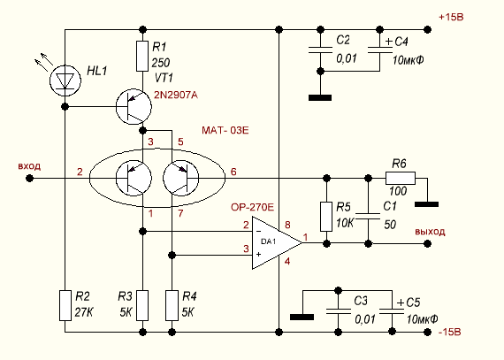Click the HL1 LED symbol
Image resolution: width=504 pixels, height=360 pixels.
click(65, 80)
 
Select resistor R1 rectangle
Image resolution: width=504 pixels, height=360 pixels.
click(142, 56)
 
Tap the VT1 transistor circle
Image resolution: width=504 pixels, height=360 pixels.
click(134, 107)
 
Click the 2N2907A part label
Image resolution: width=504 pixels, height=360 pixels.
click(176, 96)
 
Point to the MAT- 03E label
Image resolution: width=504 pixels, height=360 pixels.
click(225, 131)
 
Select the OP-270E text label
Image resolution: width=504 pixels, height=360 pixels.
click(252, 207)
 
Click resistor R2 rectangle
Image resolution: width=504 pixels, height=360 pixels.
click(65, 305)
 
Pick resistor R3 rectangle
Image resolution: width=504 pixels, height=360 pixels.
click(142, 305)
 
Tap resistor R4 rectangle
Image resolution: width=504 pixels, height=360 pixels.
click(172, 305)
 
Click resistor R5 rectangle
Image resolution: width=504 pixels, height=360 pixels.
click(326, 217)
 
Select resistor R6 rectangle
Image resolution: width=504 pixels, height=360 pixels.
click(401, 178)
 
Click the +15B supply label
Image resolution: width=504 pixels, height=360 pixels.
click(451, 17)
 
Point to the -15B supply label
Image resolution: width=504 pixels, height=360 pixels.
click(450, 332)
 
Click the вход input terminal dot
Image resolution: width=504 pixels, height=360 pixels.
click(29, 178)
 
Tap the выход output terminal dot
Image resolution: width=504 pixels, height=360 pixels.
click(427, 243)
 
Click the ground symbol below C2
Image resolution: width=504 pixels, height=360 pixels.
click(320, 97)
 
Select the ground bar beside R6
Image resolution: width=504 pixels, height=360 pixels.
click(427, 204)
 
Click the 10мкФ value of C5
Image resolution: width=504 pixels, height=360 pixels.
click(422, 319)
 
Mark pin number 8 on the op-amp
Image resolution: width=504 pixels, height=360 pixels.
click(287, 225)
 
